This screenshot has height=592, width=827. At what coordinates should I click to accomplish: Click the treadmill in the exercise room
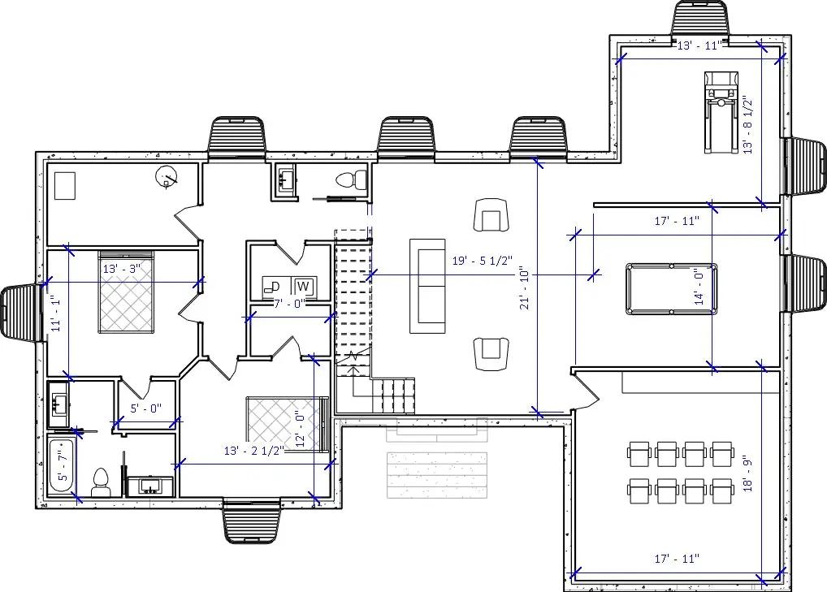click(x=721, y=111)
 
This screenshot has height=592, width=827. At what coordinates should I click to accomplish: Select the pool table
click(x=671, y=288)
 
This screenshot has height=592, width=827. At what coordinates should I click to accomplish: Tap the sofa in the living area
click(x=427, y=286)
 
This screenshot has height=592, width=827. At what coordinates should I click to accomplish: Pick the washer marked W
click(x=304, y=287)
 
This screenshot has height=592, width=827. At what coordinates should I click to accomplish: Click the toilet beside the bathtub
click(x=101, y=482)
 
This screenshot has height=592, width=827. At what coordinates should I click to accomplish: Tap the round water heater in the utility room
click(x=167, y=177)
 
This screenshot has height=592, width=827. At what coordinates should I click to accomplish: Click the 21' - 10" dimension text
click(x=526, y=289)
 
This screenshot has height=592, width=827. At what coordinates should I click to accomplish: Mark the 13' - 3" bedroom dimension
click(x=121, y=268)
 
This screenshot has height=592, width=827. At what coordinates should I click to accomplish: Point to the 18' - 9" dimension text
click(x=748, y=472)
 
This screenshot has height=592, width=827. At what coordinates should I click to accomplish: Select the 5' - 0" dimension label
click(x=146, y=408)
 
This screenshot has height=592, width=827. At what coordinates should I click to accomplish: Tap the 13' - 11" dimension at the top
click(x=699, y=45)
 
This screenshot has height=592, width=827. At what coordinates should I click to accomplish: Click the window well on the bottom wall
click(x=251, y=521)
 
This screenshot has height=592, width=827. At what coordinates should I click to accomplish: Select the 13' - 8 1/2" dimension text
click(x=748, y=124)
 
